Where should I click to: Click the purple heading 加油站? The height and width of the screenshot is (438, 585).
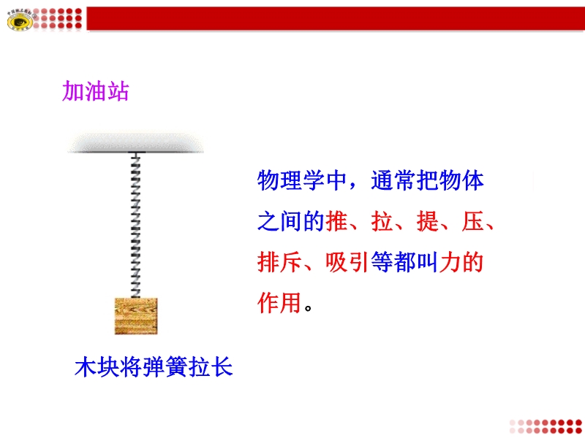click(x=96, y=91)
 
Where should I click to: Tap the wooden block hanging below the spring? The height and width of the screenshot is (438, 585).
click(x=136, y=316)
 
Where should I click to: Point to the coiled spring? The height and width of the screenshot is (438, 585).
click(x=135, y=226)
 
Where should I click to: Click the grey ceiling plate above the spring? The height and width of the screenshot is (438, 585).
click(x=135, y=142)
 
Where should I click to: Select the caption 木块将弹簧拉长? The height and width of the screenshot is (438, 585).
click(x=154, y=367)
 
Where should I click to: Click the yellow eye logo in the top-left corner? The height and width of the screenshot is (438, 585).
click(x=20, y=20)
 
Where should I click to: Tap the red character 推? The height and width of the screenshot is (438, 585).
click(x=336, y=221)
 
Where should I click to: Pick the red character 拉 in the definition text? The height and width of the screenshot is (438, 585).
click(x=382, y=221)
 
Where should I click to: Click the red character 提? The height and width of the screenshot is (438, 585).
click(x=427, y=221)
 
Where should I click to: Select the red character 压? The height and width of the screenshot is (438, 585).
click(x=472, y=221)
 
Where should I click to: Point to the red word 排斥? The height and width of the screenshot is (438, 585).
click(x=280, y=262)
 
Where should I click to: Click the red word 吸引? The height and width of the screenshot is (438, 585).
click(x=348, y=262)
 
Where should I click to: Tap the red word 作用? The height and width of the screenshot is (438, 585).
click(x=279, y=303)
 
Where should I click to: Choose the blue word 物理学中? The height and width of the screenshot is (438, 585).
click(x=303, y=180)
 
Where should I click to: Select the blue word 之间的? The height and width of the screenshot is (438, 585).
click(x=291, y=221)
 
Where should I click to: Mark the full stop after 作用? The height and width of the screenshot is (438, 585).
click(x=308, y=308)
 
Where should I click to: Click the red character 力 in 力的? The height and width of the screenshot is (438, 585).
click(x=450, y=262)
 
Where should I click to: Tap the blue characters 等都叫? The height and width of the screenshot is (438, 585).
click(x=404, y=262)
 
